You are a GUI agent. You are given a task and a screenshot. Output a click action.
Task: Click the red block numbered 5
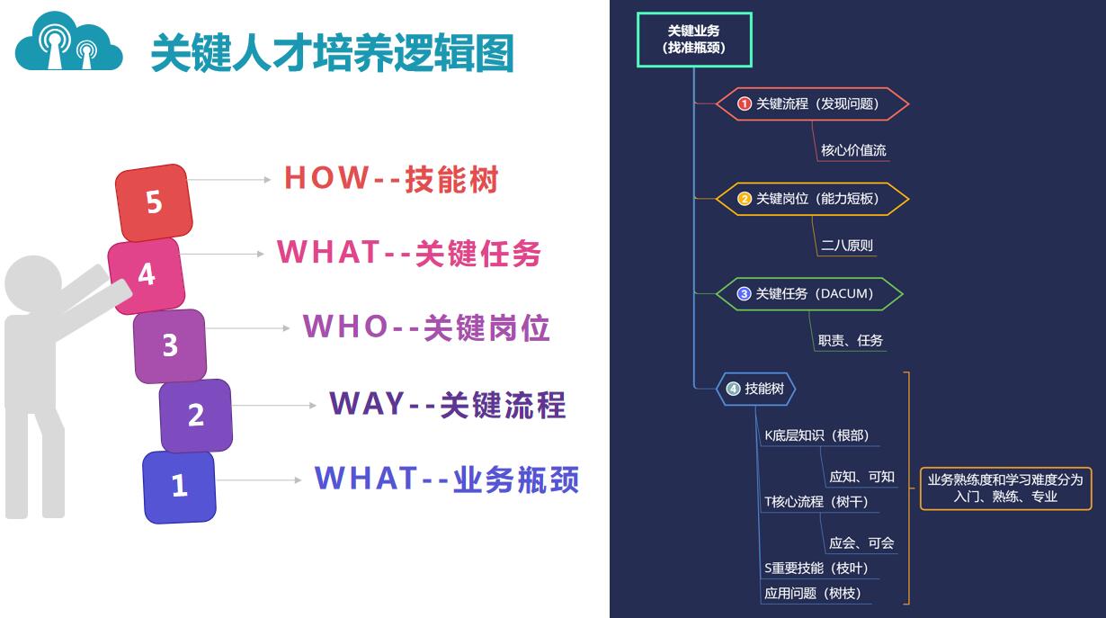(x=154, y=202)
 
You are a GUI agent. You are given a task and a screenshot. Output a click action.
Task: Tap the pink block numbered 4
(x=147, y=275)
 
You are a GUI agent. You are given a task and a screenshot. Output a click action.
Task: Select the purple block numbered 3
(x=170, y=345)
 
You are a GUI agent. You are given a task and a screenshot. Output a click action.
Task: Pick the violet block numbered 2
(x=195, y=415)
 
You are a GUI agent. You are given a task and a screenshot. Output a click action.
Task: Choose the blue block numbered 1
(x=179, y=487)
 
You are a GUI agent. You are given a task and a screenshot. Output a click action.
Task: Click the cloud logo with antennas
(x=68, y=41)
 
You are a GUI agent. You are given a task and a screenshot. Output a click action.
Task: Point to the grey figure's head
(x=33, y=283)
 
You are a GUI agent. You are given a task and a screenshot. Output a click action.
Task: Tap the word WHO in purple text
(x=345, y=327)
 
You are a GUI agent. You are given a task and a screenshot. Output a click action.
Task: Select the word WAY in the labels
(x=368, y=403)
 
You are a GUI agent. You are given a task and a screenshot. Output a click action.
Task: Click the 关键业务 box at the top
(x=694, y=40)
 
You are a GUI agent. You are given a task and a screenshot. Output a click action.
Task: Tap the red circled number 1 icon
(x=745, y=103)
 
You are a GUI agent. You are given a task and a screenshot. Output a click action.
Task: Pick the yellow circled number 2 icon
(x=745, y=199)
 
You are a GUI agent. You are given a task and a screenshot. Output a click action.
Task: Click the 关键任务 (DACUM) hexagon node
(x=809, y=294)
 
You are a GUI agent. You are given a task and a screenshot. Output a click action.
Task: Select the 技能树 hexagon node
(x=755, y=389)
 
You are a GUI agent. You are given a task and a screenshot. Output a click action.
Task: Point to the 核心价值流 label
(x=853, y=150)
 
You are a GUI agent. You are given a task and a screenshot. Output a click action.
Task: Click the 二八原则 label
(x=847, y=246)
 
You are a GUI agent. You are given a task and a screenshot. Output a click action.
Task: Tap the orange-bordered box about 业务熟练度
(x=1005, y=488)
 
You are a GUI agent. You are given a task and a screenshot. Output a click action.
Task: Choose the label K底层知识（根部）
(x=816, y=435)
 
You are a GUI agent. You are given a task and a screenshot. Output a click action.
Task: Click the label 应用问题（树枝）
(x=812, y=593)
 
